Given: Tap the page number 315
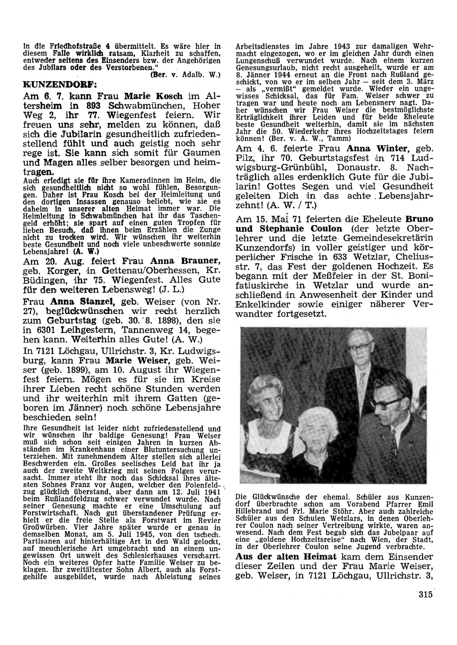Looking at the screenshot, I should pyautogui.click(x=425, y=594).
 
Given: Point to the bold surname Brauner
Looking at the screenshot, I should pyautogui.click(x=203, y=261).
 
